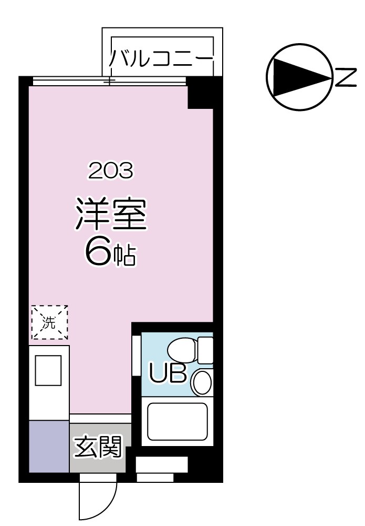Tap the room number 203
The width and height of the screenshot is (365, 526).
(110, 170)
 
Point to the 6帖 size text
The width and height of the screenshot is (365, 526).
(110, 254)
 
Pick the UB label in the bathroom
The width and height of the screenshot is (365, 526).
(168, 372)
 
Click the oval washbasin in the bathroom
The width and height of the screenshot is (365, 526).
(202, 382)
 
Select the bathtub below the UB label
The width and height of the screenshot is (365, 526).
(177, 421)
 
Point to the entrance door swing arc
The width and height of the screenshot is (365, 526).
(97, 500)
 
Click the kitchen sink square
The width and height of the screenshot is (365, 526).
(48, 371)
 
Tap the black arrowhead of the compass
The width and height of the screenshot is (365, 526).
(300, 77)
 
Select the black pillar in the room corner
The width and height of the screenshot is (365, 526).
(200, 94)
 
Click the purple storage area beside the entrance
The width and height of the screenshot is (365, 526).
(49, 446)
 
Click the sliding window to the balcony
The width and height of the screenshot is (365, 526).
(109, 81)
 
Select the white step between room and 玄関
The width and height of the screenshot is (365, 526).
(100, 419)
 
